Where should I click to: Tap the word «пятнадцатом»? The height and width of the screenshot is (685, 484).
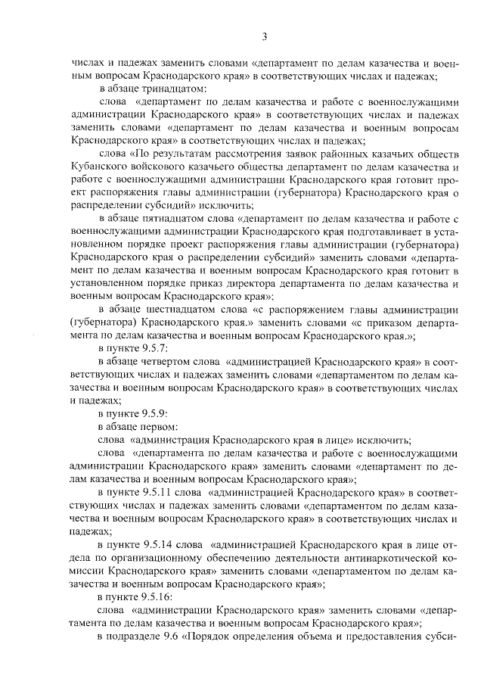click(163, 218)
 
